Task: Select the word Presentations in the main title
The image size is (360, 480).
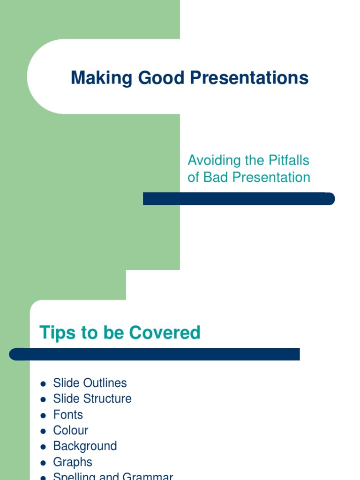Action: (x=249, y=78)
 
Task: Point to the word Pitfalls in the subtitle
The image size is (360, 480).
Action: (x=289, y=160)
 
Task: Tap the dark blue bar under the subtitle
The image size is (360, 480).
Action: (x=239, y=199)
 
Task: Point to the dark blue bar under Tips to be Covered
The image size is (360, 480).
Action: (x=155, y=354)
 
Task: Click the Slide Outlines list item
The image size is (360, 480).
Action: (x=90, y=383)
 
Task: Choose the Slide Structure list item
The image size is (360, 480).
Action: (x=92, y=399)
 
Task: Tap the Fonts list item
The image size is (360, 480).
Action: (x=68, y=415)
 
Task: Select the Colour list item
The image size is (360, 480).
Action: (x=71, y=430)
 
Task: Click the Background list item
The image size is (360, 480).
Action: (x=85, y=446)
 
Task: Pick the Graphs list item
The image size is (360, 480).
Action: (x=73, y=462)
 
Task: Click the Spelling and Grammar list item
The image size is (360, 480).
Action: (x=113, y=476)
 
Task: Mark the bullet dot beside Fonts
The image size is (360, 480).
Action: (x=43, y=415)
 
